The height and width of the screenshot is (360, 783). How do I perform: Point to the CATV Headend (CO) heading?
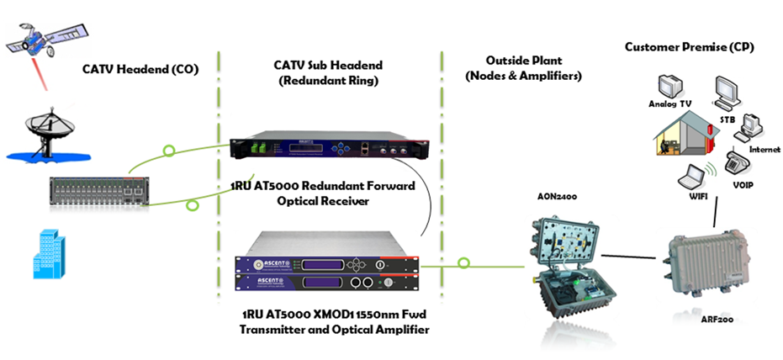click(x=140, y=69)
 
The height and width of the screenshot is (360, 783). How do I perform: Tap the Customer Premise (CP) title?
click(x=689, y=47)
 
